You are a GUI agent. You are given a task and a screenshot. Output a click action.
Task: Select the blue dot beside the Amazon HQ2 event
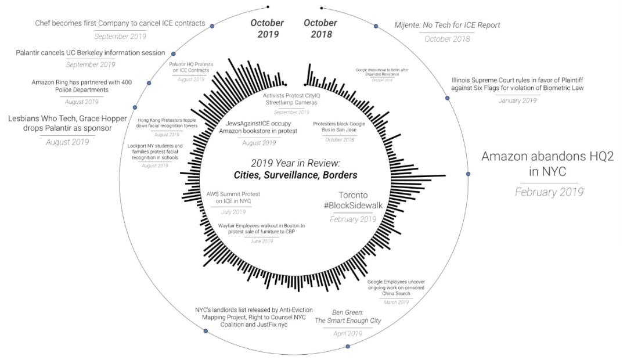click(468, 174)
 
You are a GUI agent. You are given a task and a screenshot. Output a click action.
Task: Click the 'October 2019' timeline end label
click(267, 28)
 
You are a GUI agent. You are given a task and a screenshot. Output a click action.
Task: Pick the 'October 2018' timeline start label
click(320, 28)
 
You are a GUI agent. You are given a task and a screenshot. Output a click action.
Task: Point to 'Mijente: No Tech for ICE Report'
click(447, 25)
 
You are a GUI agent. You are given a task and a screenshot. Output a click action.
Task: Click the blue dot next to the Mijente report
click(376, 26)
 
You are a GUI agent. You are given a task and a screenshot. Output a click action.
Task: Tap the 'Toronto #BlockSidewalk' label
click(354, 201)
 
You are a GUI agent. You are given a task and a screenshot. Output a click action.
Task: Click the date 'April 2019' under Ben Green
click(347, 334)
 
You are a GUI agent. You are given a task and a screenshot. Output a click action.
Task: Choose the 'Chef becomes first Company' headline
click(120, 23)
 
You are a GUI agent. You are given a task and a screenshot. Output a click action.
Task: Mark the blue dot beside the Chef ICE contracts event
click(212, 26)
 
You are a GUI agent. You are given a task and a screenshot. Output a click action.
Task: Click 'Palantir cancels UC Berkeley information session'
click(91, 53)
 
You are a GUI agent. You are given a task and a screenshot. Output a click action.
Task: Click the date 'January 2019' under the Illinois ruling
click(517, 100)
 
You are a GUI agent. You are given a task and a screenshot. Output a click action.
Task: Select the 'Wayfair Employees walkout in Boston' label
click(262, 228)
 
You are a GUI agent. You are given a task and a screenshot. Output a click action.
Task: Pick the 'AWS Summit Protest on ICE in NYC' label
click(229, 197)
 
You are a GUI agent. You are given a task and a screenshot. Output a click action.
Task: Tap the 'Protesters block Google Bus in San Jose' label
click(339, 127)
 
